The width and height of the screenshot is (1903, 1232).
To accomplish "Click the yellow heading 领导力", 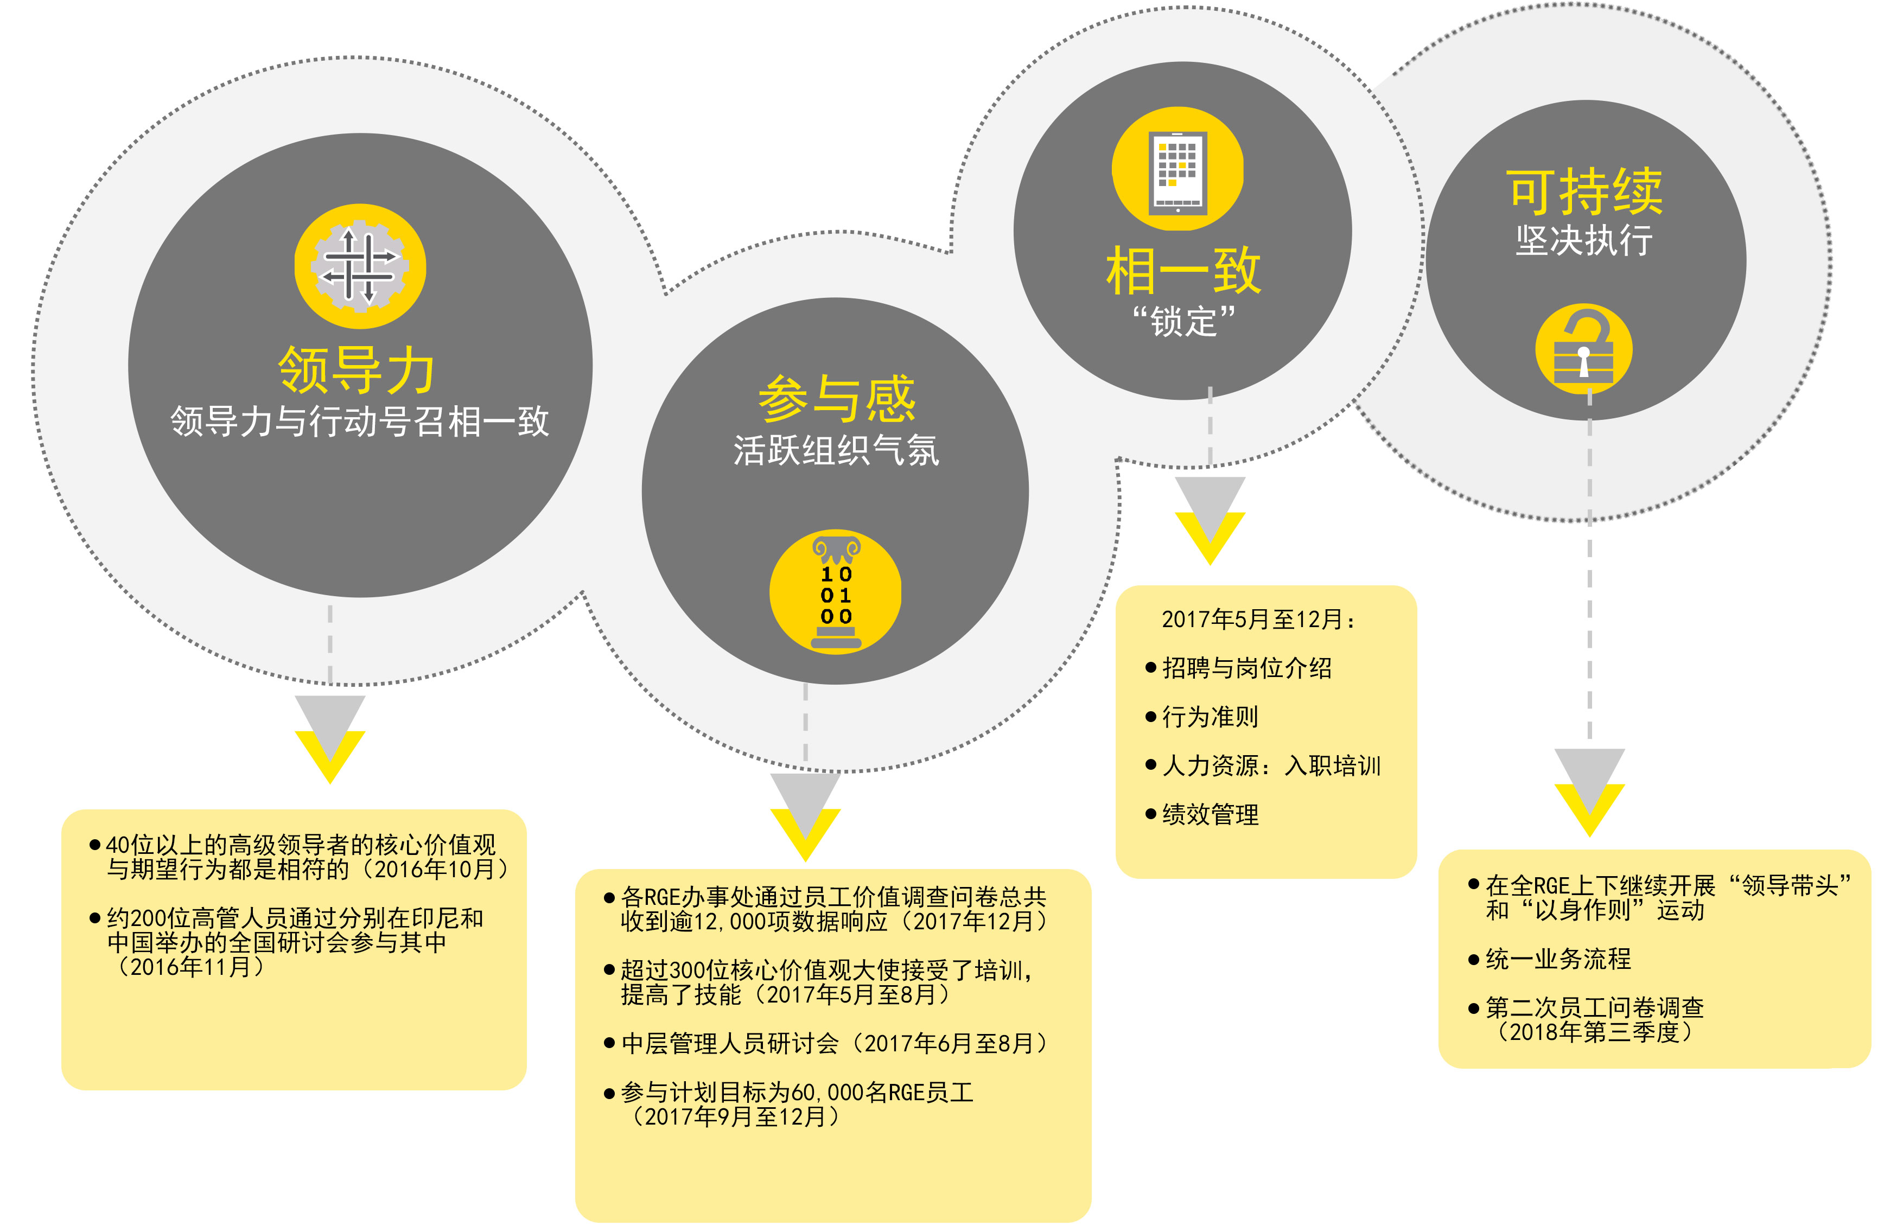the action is pyautogui.click(x=357, y=370).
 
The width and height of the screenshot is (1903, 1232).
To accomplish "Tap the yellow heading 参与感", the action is pyautogui.click(x=836, y=399).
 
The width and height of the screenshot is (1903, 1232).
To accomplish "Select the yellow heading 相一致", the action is pyautogui.click(x=1183, y=271).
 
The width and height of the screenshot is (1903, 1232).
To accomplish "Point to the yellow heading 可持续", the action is pyautogui.click(x=1585, y=192).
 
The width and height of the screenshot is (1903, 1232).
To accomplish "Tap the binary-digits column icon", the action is pyautogui.click(x=836, y=592).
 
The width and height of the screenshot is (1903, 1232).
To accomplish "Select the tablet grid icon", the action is pyautogui.click(x=1178, y=169).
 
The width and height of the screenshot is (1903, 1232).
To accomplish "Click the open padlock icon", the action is pyautogui.click(x=1584, y=349).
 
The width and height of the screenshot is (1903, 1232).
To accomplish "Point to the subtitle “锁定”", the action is pyautogui.click(x=1183, y=321).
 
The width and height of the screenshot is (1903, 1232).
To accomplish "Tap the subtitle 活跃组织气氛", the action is pyautogui.click(x=836, y=450).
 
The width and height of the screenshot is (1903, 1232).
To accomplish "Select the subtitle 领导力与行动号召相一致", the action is pyautogui.click(x=360, y=422).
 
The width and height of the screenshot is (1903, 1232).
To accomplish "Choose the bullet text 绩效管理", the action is pyautogui.click(x=1210, y=815).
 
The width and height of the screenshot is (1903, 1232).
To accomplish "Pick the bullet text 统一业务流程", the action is pyautogui.click(x=1557, y=959).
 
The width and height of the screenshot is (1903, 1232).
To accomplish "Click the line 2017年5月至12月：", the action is pyautogui.click(x=1258, y=619).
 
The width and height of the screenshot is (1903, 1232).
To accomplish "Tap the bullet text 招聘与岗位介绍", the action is pyautogui.click(x=1246, y=668).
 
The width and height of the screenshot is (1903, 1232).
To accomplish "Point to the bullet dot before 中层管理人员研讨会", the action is pyautogui.click(x=609, y=1043).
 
